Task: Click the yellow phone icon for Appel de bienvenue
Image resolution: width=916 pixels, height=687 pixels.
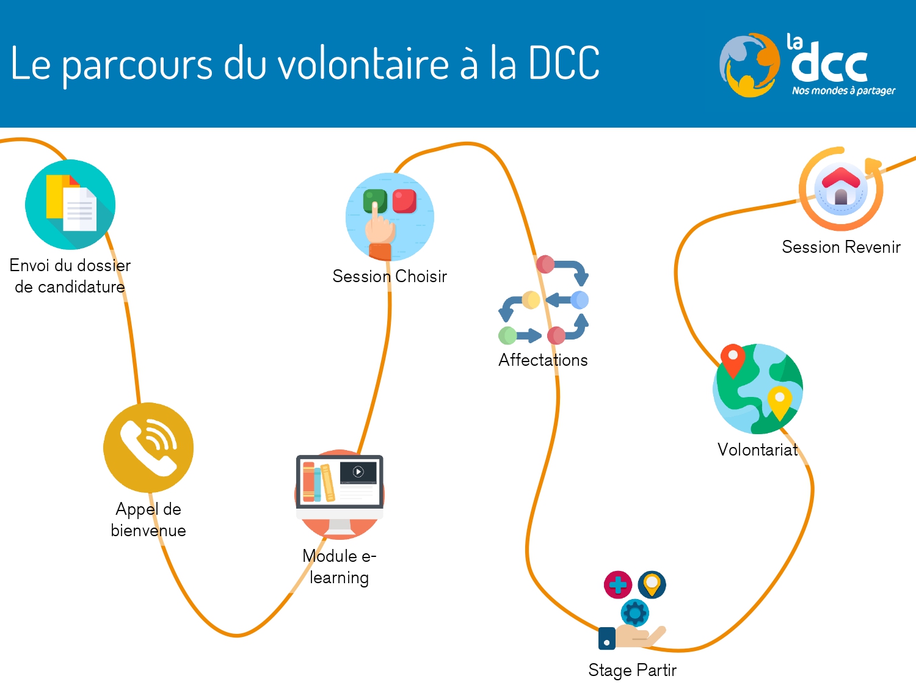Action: tap(148, 448)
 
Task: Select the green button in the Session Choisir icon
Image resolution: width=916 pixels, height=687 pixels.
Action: tap(375, 200)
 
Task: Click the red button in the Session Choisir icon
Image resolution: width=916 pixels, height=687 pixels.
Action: tap(404, 201)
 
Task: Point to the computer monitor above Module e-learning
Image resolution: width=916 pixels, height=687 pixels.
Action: tap(340, 482)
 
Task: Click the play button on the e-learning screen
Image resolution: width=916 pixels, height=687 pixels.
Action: tap(358, 471)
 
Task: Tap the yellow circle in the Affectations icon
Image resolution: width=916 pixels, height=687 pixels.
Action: tap(531, 300)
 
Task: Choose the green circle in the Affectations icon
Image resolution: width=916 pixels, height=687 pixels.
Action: tap(507, 335)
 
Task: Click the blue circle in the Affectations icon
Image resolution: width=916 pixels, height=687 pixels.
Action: tap(580, 300)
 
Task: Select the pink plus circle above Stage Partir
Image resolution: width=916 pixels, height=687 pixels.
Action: tap(617, 584)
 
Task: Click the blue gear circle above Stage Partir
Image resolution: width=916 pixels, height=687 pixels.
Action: tap(634, 612)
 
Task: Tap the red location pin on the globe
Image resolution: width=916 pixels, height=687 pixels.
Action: tap(732, 359)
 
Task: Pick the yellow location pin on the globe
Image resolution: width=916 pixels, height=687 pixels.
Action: tap(779, 401)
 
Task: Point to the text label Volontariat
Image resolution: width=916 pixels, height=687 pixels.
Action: tap(757, 450)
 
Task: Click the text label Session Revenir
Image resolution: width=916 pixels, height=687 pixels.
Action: tap(841, 247)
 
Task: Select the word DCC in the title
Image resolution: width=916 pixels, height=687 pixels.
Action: tap(564, 64)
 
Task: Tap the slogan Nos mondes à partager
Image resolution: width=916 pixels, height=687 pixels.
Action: tap(843, 91)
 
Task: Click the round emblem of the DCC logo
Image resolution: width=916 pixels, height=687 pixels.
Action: tap(750, 65)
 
